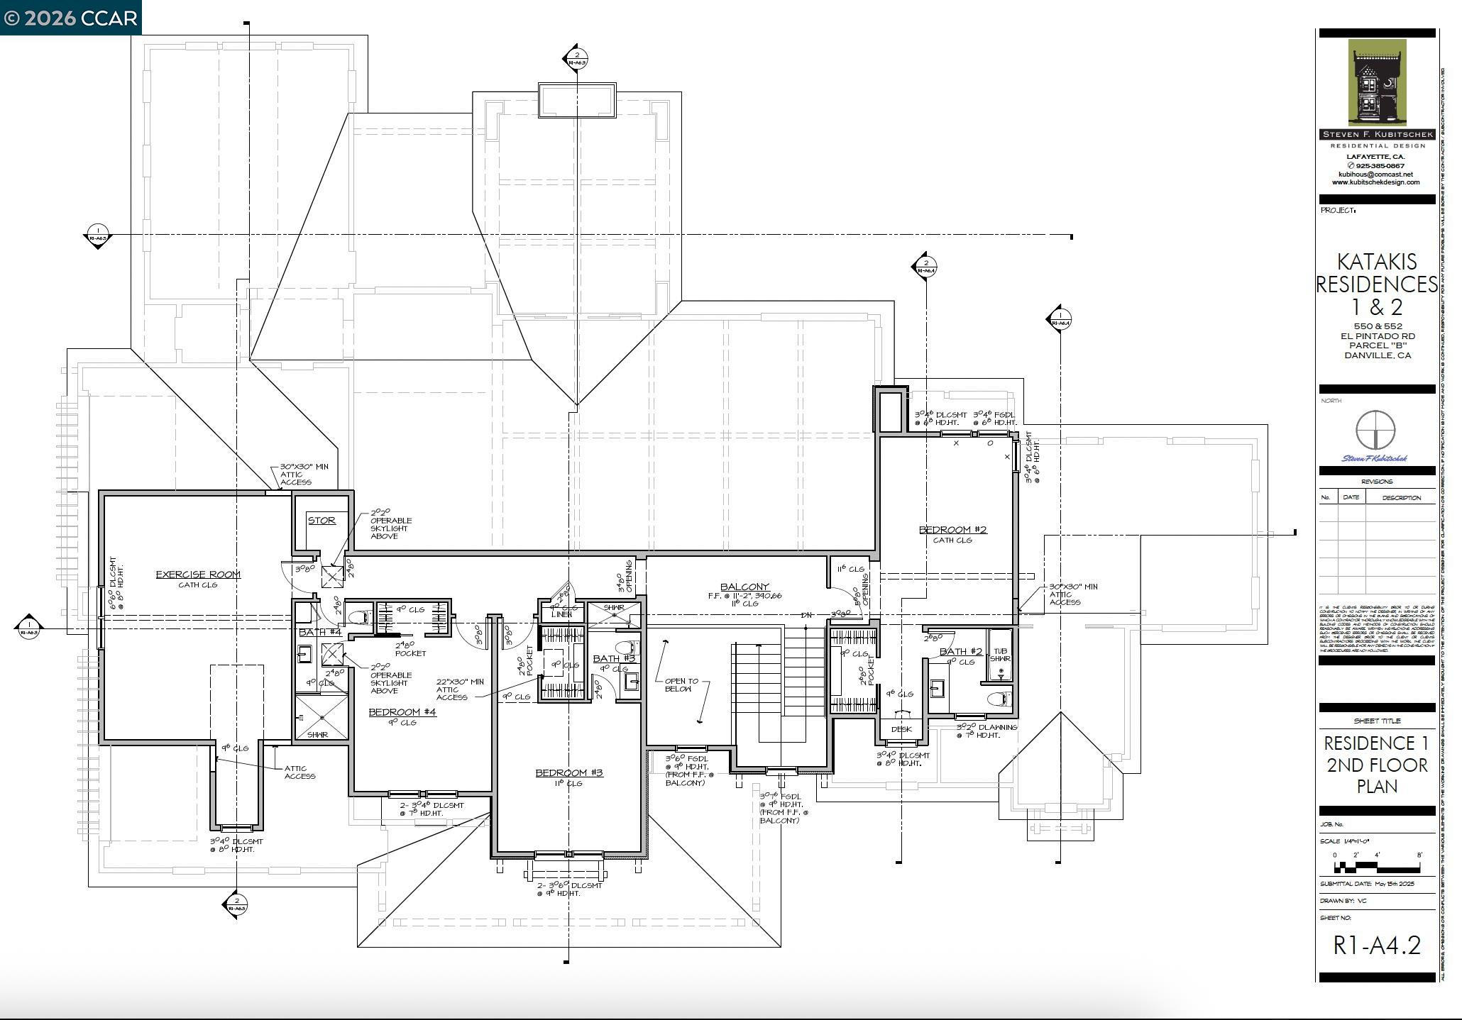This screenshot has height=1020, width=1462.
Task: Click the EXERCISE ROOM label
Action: pos(198,575)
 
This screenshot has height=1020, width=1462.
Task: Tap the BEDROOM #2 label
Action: pos(952,530)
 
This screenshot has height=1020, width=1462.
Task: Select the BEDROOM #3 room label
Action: pos(568,772)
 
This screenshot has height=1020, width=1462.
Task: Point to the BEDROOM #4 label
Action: pos(402,712)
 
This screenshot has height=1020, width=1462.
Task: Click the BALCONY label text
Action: pos(744,587)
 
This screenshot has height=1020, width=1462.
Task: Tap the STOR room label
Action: pos(321,521)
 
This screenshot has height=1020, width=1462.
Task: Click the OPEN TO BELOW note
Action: pos(681,684)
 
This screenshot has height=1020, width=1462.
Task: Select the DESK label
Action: pos(901,729)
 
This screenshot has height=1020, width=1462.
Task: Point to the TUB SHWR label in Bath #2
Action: pos(999,655)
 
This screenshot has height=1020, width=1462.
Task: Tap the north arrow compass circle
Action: pos(1375,430)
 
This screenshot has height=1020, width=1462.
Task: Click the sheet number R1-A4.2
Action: pos(1376,946)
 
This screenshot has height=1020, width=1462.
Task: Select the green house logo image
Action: pos(1376,82)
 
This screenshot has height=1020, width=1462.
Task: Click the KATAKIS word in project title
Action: pos(1376,262)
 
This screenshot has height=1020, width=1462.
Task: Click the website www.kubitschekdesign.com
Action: pos(1375,182)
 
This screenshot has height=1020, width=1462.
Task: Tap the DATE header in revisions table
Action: pos(1351,497)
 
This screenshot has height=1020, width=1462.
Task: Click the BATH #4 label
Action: pos(319,632)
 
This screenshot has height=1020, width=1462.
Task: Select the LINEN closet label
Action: pos(561,614)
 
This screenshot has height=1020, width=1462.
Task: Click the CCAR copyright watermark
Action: pos(70,18)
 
